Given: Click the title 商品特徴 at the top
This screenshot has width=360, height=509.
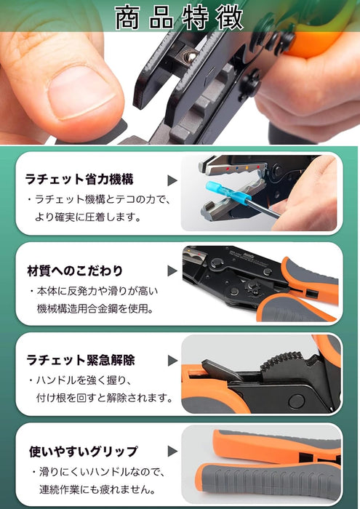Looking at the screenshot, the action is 179,17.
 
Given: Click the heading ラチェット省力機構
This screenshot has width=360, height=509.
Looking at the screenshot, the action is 79,179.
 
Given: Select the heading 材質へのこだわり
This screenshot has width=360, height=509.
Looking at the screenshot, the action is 75,270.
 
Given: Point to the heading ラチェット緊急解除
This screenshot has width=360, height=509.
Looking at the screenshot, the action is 81,361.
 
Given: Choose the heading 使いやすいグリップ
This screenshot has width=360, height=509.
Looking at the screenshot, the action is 84,452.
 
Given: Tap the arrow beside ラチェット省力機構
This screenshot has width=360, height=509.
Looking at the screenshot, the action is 172,180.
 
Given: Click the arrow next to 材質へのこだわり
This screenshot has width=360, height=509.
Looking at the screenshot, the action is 172,271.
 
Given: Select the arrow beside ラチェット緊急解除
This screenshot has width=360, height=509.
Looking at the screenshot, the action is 172,361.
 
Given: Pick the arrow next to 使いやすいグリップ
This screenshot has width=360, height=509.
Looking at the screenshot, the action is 172,452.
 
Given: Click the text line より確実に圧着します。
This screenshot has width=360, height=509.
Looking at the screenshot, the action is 88,217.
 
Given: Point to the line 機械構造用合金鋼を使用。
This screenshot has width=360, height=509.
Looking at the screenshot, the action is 95,308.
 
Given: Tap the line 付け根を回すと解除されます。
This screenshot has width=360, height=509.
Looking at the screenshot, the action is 104,397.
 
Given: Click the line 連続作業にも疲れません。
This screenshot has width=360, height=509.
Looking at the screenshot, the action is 97,489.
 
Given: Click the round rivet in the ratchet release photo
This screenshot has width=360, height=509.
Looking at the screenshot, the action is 297,401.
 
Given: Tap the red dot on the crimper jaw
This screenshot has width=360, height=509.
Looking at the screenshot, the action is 228,169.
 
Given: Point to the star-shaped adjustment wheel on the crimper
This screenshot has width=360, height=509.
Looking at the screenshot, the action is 254,288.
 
